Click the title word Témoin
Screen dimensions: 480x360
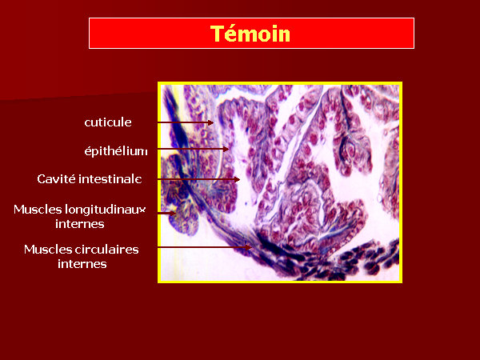(x=250, y=33)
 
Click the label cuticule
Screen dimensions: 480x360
(x=108, y=122)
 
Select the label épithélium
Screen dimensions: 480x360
(x=116, y=150)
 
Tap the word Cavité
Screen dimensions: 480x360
(x=56, y=178)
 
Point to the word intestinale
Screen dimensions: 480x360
(x=110, y=178)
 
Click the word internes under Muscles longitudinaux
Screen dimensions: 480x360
(x=80, y=224)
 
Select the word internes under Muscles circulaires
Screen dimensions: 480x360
(x=82, y=264)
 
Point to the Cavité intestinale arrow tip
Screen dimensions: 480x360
(x=239, y=179)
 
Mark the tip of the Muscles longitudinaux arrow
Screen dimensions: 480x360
(x=175, y=213)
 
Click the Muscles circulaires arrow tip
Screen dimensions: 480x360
(x=251, y=247)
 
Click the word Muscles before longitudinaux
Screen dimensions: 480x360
(x=38, y=210)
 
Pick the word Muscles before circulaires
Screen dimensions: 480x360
(x=43, y=250)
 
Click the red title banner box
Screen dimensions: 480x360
(x=251, y=33)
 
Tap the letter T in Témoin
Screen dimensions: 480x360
(x=216, y=34)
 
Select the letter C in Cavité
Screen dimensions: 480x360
(x=41, y=178)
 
